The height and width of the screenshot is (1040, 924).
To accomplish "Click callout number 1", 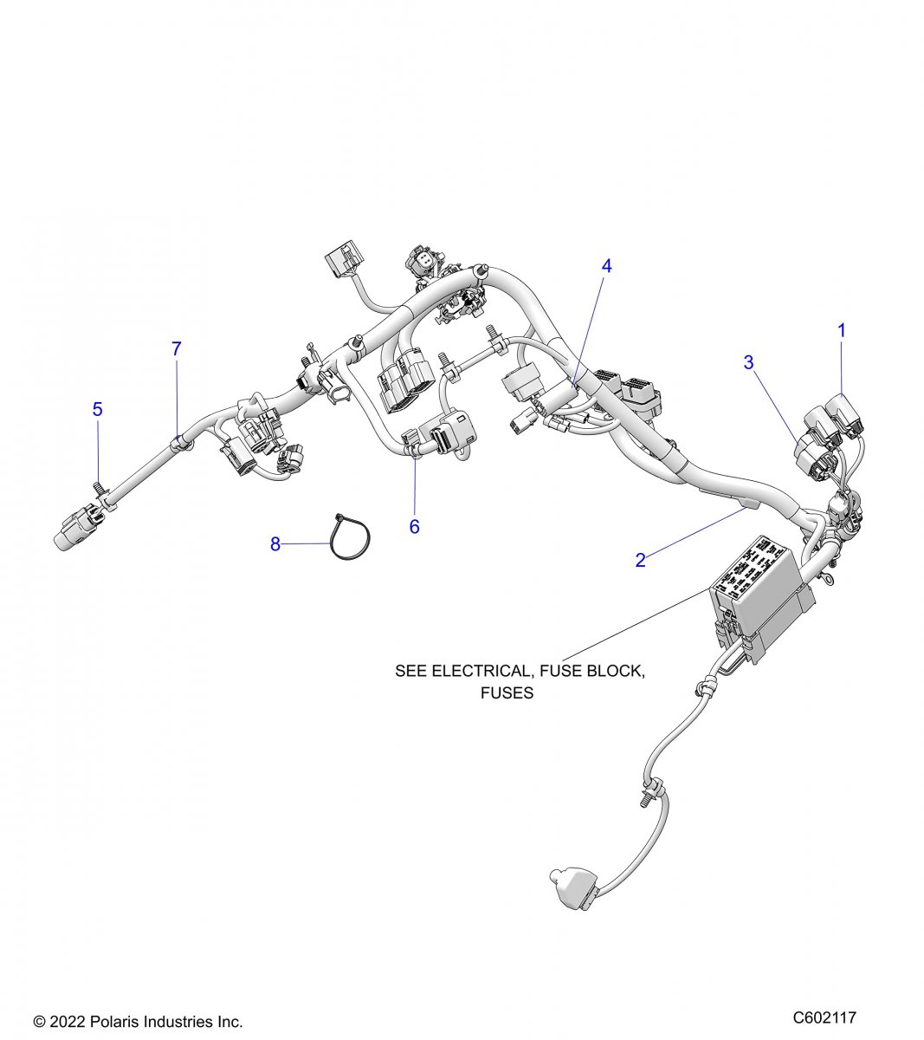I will coord(841,330).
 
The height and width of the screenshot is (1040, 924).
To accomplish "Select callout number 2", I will coord(640,560).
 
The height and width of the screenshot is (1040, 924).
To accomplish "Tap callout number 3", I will coord(749,362).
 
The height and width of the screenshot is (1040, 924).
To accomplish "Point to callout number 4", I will coord(606,266).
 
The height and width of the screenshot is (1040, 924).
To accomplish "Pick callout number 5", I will coord(97,409).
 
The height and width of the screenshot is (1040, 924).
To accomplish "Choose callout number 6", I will coord(414,526).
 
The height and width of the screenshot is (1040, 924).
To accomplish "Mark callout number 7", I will coord(176,349).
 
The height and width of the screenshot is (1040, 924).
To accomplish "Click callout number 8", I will coord(275,544).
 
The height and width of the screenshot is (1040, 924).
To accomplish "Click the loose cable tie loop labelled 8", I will coord(349,539).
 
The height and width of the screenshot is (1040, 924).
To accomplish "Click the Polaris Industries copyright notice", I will coord(138,1022).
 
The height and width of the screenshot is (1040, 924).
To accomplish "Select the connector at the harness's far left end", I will coord(78,530).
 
